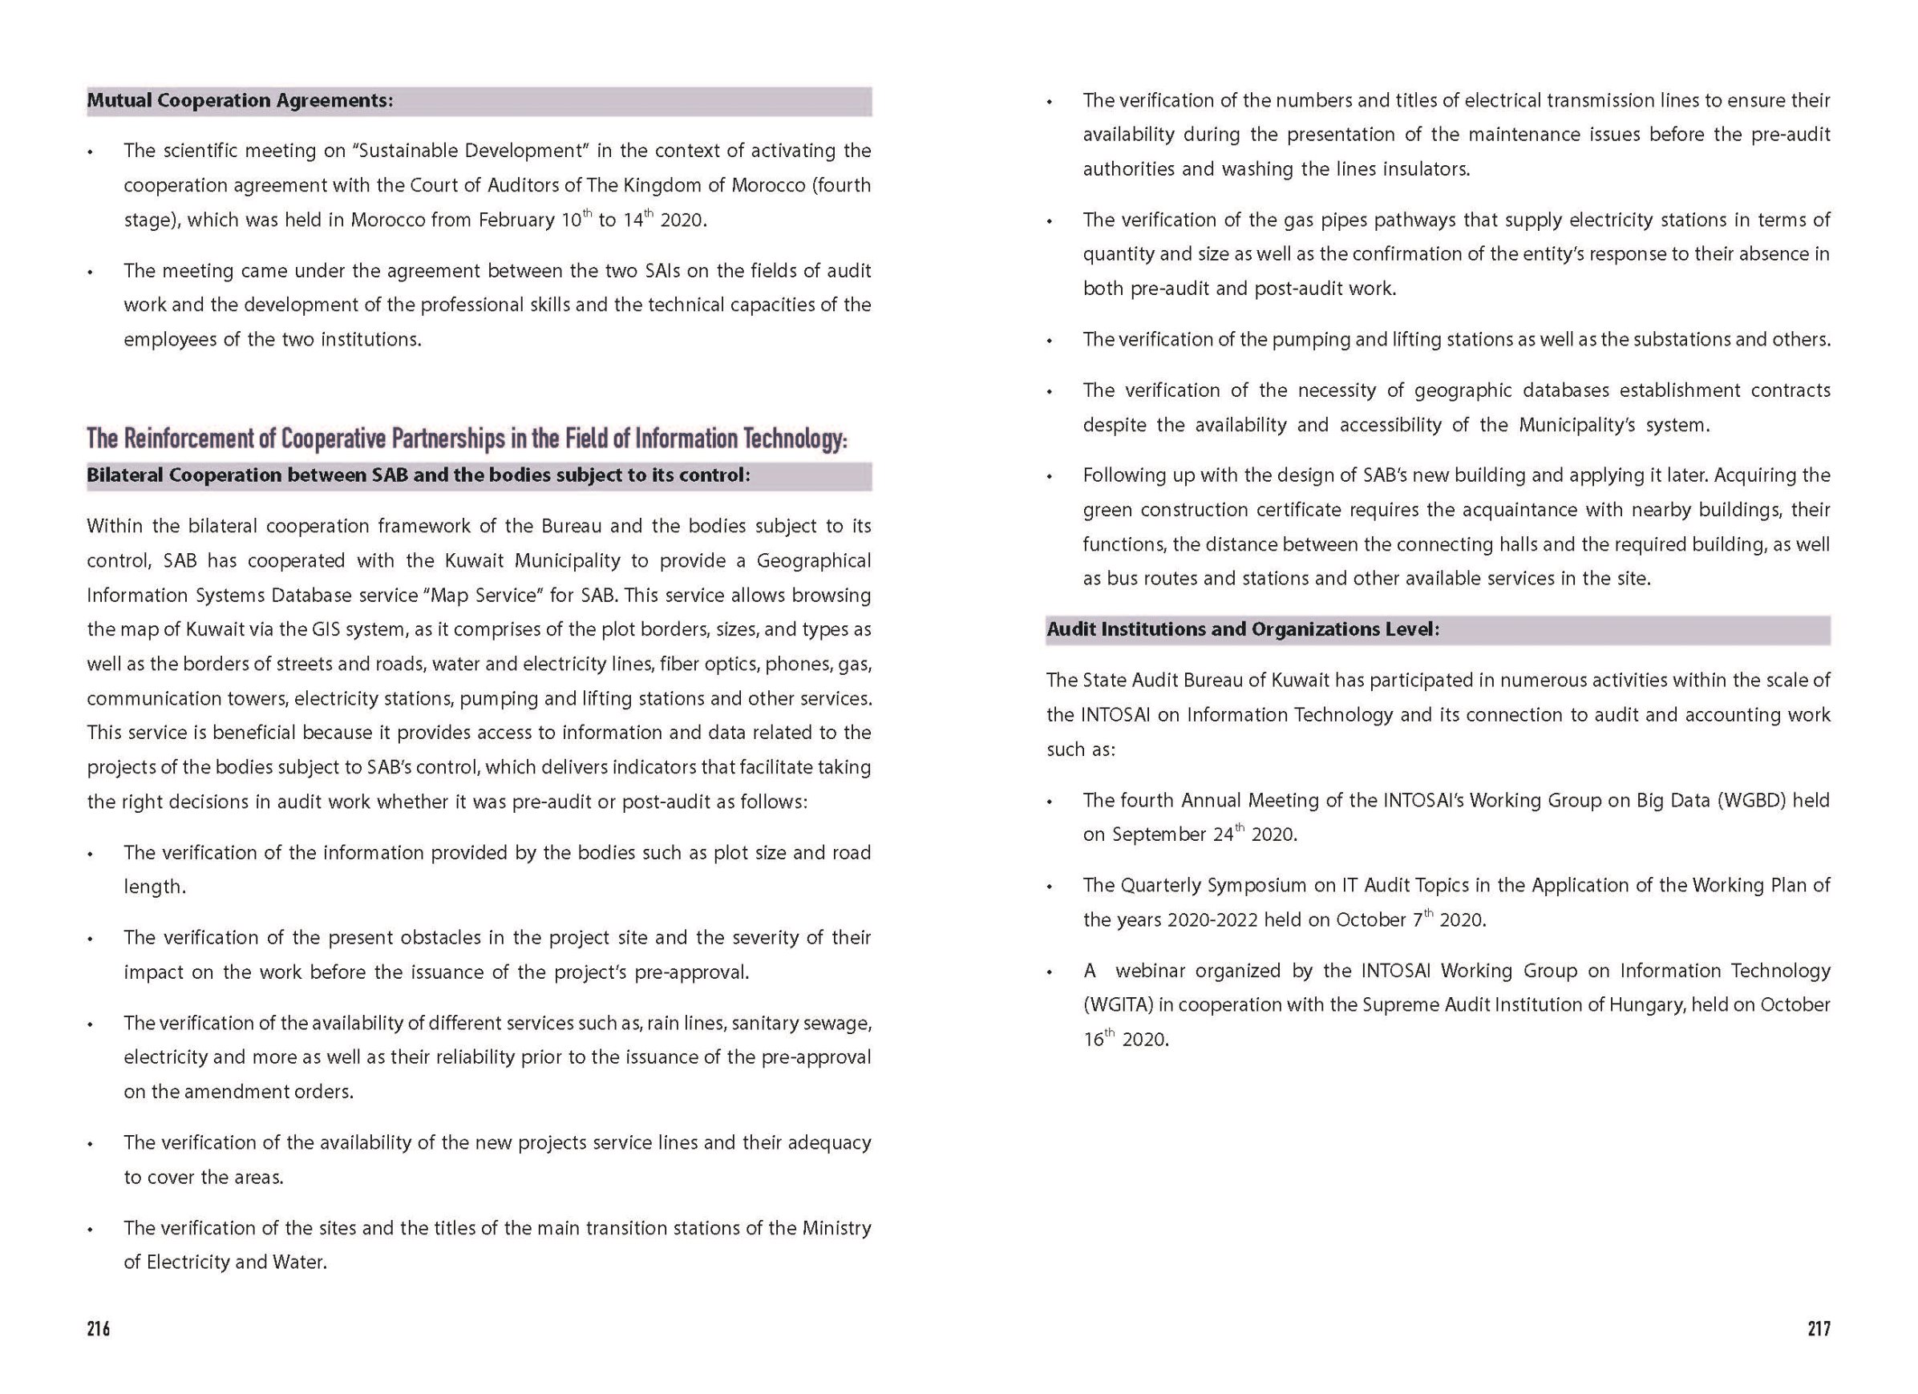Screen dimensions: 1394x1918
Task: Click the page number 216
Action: pyautogui.click(x=98, y=1329)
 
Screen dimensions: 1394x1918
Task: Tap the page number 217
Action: pyautogui.click(x=1819, y=1329)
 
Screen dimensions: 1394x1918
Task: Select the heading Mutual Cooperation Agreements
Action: pyautogui.click(x=239, y=100)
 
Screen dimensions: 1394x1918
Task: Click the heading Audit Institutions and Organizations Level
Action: pyautogui.click(x=1242, y=629)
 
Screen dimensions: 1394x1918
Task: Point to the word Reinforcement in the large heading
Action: pyautogui.click(x=199, y=438)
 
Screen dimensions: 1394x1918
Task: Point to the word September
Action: pyautogui.click(x=1159, y=834)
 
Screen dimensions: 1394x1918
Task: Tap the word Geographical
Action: pyautogui.click(x=814, y=560)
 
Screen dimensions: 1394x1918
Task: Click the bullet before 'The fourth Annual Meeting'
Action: pyautogui.click(x=1050, y=802)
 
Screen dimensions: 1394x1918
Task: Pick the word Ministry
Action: pyautogui.click(x=836, y=1227)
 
